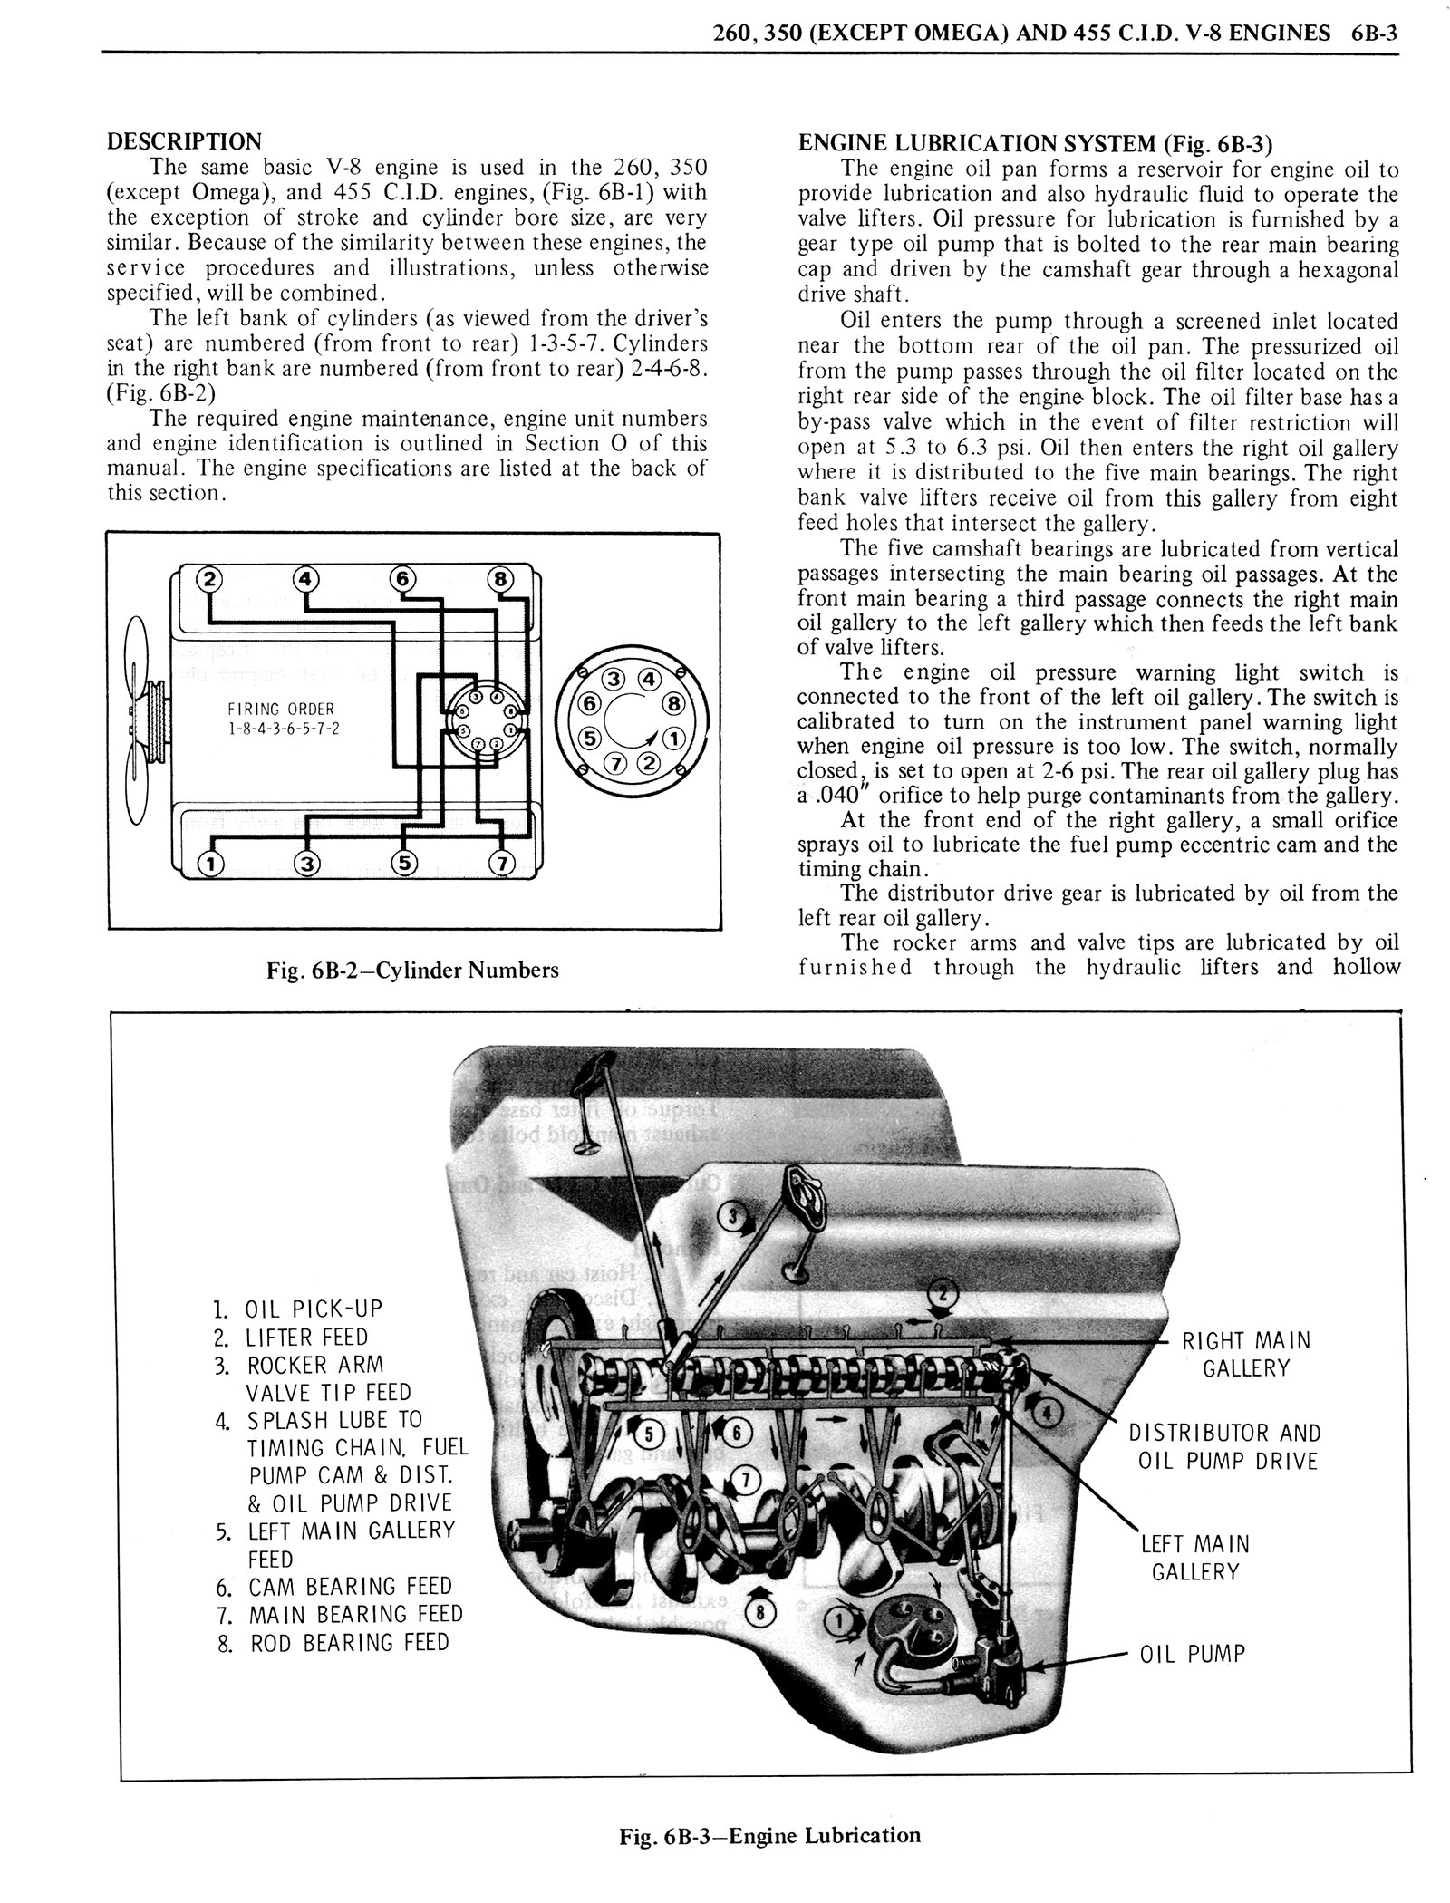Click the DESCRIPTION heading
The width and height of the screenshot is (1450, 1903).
pyautogui.click(x=184, y=141)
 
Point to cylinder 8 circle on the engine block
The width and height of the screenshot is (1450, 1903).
pyautogui.click(x=500, y=579)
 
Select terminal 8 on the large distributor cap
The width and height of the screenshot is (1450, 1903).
pyautogui.click(x=673, y=703)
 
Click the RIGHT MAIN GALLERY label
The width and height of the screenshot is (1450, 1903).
pyautogui.click(x=1246, y=1354)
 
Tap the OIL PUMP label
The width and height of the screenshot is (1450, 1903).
pyautogui.click(x=1192, y=1654)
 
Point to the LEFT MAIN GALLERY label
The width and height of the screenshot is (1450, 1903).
pyautogui.click(x=1194, y=1558)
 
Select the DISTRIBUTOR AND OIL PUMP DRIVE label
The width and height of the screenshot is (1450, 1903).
pyautogui.click(x=1223, y=1446)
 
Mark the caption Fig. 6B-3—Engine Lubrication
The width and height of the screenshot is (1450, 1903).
pyautogui.click(x=769, y=1836)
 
